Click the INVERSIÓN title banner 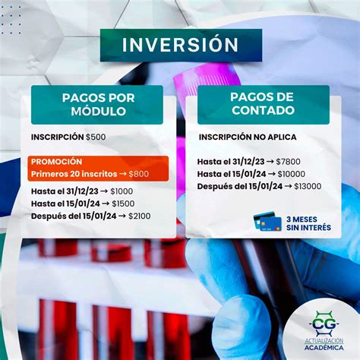coord(181,46)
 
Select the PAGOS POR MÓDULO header coord(97,105)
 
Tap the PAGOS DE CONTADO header coord(264,105)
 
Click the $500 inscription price coord(96,137)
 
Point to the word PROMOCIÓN coord(56,162)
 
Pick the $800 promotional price coord(139,174)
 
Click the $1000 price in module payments coord(122,191)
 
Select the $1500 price coord(123,204)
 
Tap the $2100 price coord(140,216)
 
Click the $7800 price coord(288,162)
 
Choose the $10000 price coord(292,174)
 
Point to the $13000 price coord(308,186)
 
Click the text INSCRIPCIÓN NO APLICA coord(248,137)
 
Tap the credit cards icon coord(267,221)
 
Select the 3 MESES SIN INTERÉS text coord(308,223)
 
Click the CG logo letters coord(324,324)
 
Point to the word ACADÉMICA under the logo coord(324,348)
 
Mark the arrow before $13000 coord(288,186)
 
